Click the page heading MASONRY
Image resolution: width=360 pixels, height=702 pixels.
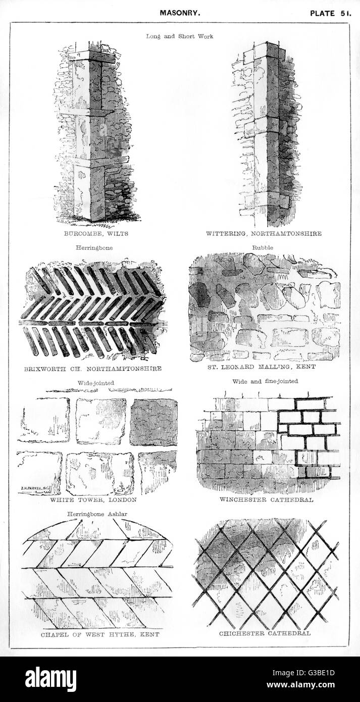[x=180, y=13]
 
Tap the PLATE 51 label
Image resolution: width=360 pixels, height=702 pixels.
[x=331, y=13]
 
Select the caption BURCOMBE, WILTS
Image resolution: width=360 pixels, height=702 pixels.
[x=96, y=233]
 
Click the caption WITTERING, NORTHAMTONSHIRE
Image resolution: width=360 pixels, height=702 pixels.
[x=264, y=233]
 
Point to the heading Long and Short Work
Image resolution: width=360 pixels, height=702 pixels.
[x=180, y=36]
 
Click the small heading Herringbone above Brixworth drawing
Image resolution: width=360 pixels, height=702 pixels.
[x=94, y=248]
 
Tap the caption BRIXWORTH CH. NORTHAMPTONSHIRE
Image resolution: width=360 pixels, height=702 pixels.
[x=93, y=369]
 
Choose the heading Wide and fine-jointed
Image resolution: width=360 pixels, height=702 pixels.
[x=265, y=381]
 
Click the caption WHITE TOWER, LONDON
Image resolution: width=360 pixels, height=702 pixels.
[x=93, y=500]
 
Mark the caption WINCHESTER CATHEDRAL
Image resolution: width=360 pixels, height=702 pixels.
[x=266, y=499]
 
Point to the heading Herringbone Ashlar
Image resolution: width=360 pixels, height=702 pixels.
[x=97, y=514]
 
